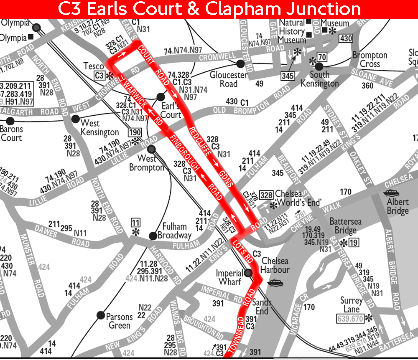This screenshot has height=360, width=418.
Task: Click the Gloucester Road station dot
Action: [240, 64]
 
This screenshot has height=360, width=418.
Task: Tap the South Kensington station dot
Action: [319, 66]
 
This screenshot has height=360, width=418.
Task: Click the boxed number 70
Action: [322, 57]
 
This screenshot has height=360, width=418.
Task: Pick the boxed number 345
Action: [288, 76]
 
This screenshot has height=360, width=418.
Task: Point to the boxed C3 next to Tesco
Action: [99, 76]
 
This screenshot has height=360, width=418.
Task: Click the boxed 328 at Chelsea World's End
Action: [266, 195]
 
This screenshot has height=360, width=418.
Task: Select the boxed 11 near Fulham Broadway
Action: [135, 222]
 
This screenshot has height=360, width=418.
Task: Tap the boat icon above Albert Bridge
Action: [392, 193]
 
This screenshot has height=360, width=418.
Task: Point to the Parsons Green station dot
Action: [100, 315]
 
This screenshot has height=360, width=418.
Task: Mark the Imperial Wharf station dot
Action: [248, 274]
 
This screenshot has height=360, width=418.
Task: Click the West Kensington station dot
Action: [75, 119]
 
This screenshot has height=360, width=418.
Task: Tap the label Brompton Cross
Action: [370, 60]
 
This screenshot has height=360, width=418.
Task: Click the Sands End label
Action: [262, 307]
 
